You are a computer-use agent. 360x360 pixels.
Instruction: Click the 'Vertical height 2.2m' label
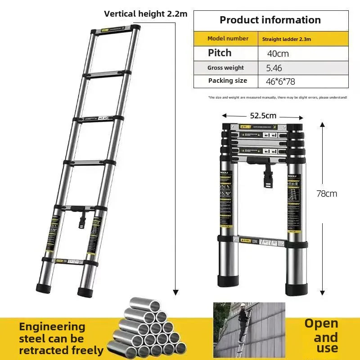coord(145,13)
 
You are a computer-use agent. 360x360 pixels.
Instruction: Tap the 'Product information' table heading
coord(270,20)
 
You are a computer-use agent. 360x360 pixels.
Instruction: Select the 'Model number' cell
coord(228,39)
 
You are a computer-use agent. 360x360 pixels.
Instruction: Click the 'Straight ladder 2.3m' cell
coord(287,39)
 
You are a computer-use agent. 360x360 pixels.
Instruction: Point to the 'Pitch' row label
coord(220,53)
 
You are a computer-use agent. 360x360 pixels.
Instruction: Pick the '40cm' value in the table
coord(278,54)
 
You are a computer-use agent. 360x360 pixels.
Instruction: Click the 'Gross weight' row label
coord(225,67)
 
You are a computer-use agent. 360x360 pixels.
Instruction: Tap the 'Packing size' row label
coord(227,81)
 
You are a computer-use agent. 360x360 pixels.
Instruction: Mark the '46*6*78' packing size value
coord(280,81)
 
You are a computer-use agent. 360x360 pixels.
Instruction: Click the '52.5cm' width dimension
coord(263,116)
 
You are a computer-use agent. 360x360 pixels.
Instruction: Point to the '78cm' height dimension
coord(327,193)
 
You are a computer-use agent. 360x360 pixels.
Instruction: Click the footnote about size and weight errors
coord(278,97)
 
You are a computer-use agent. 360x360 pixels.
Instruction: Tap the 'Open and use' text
coord(321,335)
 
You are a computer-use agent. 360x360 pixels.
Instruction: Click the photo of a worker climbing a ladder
coord(249,329)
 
